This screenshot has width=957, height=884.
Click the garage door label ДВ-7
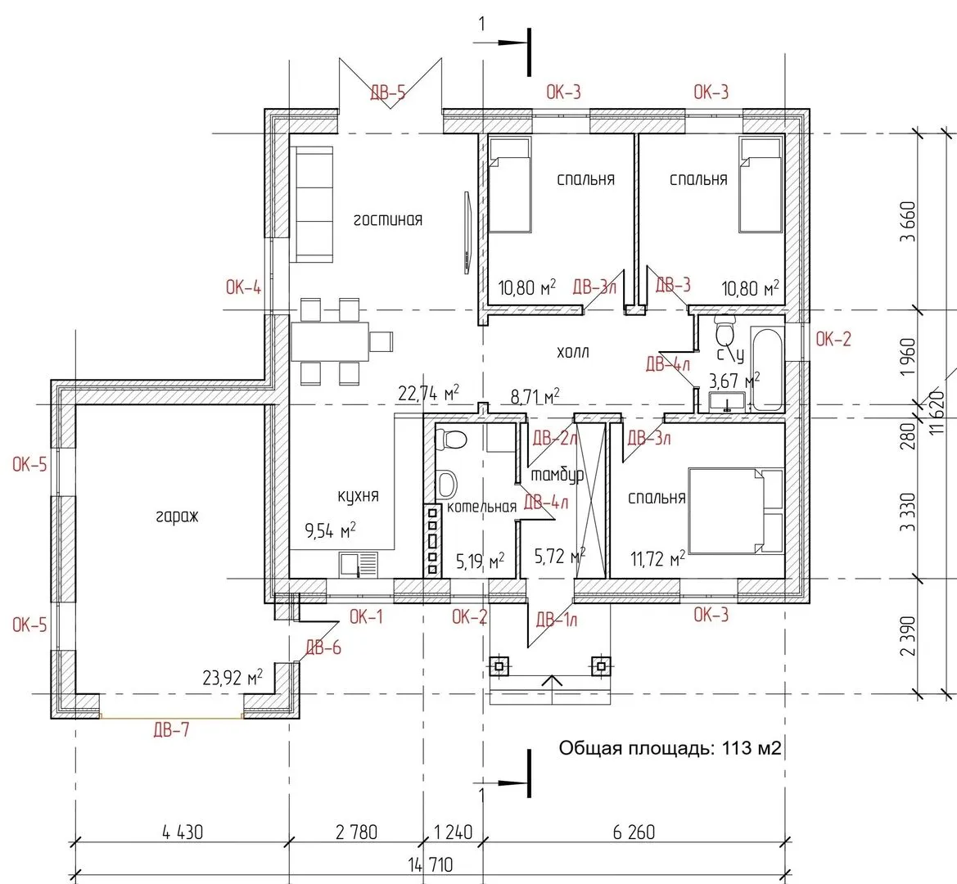171,729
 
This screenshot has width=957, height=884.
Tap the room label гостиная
388,219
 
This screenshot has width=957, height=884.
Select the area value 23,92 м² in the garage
232,677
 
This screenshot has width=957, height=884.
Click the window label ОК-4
243,286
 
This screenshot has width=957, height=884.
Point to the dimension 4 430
183,832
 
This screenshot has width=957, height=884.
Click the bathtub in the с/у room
767,370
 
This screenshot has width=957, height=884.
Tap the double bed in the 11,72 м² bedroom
735,511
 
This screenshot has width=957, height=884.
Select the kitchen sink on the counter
359,564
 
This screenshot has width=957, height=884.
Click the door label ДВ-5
387,92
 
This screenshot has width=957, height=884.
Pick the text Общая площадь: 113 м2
670,748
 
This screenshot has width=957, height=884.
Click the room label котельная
481,507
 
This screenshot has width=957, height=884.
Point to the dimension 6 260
634,832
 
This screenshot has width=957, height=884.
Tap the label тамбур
557,475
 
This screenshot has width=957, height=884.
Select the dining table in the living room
330,341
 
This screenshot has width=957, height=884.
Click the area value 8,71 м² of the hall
535,396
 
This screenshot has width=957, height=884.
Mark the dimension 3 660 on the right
908,222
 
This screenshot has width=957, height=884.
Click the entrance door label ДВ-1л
557,620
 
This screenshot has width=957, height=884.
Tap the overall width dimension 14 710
431,864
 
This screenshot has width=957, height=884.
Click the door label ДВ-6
323,647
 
